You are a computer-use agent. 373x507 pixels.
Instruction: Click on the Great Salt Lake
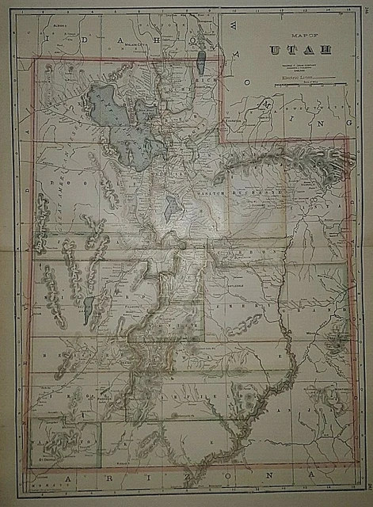111,111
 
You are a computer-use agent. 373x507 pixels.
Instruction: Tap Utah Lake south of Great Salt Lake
171,209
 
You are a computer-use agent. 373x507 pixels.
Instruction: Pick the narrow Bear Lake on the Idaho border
204,63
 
